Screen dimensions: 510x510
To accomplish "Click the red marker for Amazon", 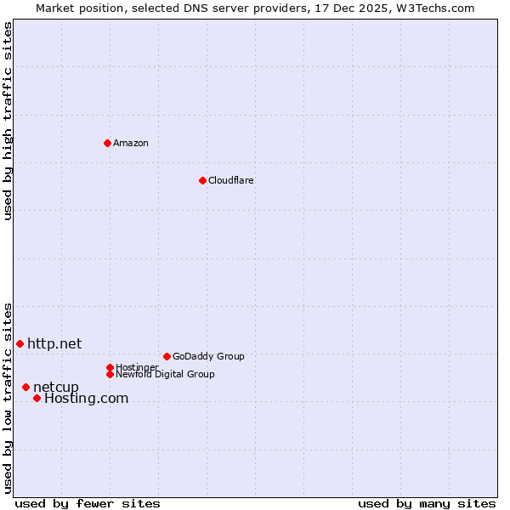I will [x=107, y=143].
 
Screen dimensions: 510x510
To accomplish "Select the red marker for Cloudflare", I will [x=202, y=180].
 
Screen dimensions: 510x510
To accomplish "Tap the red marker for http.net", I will [x=20, y=343].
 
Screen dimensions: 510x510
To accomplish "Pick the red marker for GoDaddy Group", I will [x=167, y=356].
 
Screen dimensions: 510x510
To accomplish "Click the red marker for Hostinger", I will [x=110, y=367].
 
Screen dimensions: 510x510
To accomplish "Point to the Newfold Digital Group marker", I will [x=110, y=374].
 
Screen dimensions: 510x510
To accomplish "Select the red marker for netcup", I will [x=25, y=388].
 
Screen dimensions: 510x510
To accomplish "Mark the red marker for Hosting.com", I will [x=37, y=398].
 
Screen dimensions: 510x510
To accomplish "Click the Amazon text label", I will [x=131, y=143].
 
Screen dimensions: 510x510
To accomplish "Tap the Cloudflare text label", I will [x=231, y=180].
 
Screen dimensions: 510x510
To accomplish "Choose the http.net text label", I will [x=54, y=343].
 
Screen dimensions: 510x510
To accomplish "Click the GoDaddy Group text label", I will [x=208, y=356].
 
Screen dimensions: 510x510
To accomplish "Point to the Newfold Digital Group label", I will [x=166, y=374].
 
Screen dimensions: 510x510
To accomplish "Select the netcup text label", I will [x=56, y=388].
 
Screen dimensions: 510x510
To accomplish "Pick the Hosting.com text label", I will [x=86, y=398].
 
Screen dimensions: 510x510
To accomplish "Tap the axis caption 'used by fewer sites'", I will [x=88, y=503].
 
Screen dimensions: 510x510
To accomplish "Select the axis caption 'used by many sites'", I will [x=427, y=503].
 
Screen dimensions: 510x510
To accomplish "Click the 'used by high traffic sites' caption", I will [x=8, y=121].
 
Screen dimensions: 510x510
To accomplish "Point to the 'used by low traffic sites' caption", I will [x=8, y=397].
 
